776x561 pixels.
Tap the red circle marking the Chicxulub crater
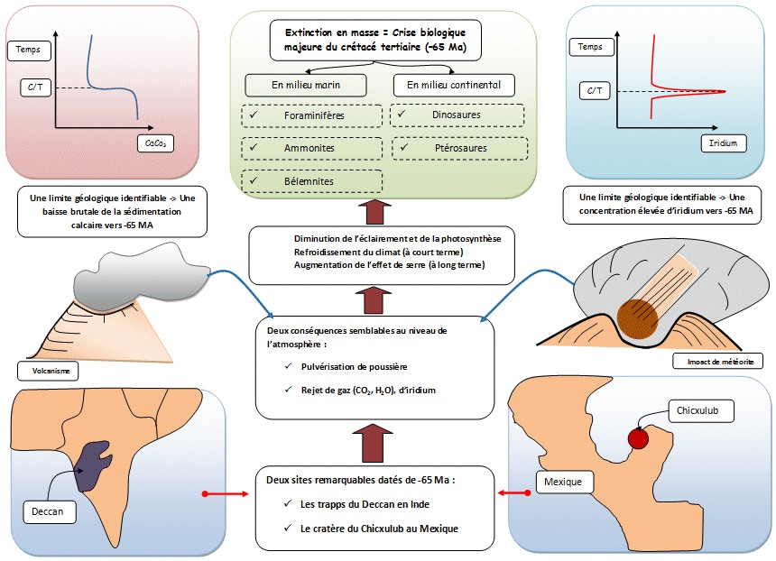click(x=638, y=439)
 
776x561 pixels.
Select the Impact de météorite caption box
click(x=718, y=361)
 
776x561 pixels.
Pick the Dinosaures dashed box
click(x=457, y=115)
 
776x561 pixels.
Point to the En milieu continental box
click(x=454, y=85)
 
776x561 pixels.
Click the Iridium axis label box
click(x=723, y=143)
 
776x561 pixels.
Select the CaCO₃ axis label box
click(x=157, y=143)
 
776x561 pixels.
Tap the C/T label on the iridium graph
click(x=597, y=90)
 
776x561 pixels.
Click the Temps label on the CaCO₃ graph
click(x=29, y=51)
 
